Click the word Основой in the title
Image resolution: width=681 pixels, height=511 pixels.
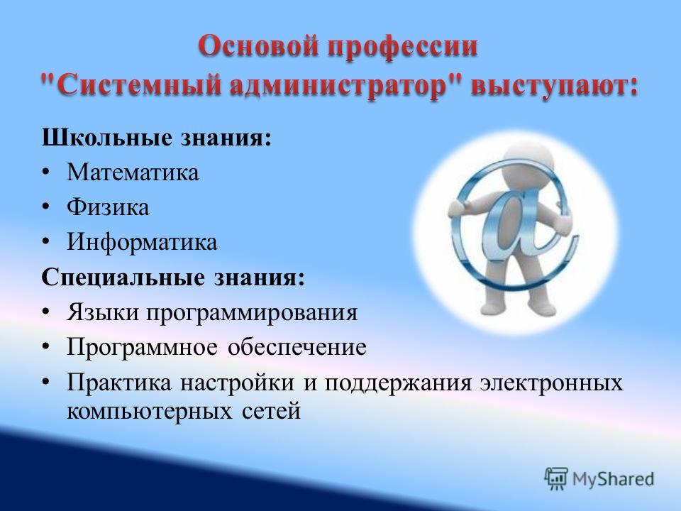(260, 46)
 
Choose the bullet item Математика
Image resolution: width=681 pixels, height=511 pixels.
(133, 172)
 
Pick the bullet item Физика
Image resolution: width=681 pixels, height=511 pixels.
(108, 207)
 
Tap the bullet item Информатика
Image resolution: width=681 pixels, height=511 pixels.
(142, 242)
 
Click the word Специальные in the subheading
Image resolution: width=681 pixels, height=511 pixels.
(123, 278)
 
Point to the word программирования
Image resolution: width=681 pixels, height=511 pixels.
(252, 313)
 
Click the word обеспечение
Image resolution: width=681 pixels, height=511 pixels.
(297, 347)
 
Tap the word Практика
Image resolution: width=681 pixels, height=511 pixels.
(119, 383)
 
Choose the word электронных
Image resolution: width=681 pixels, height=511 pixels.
(552, 383)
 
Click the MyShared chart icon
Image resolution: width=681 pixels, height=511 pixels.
(556, 478)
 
